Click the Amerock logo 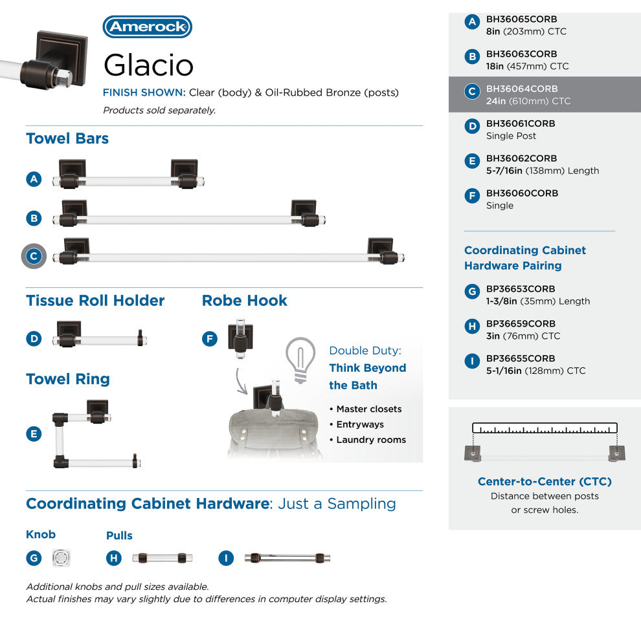[x=148, y=27]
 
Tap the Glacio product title [x=148, y=65]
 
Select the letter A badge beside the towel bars [x=34, y=179]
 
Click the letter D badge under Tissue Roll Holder [x=34, y=338]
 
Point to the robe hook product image [x=240, y=336]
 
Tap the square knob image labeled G [x=62, y=558]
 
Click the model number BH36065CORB [x=521, y=19]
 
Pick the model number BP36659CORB [x=521, y=323]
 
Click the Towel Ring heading [x=68, y=379]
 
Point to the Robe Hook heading [x=244, y=301]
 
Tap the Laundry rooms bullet [x=370, y=440]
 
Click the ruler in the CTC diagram [x=545, y=428]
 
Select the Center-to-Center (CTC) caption [x=545, y=481]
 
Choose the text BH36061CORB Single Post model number [x=521, y=124]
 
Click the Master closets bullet [x=368, y=409]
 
